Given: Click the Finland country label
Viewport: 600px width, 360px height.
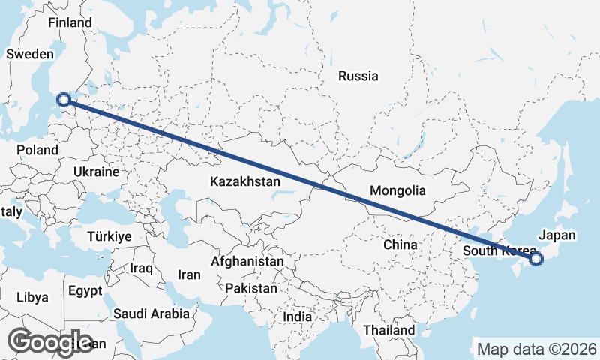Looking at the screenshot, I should tap(70, 22).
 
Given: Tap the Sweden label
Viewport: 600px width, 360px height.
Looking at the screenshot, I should tap(30, 54).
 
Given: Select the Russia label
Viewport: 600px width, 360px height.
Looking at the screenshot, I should tap(358, 76).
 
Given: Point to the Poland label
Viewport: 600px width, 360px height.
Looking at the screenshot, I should tap(37, 150).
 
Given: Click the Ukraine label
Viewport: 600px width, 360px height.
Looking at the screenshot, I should tap(96, 172).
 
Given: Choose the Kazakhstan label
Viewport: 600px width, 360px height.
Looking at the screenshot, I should tap(245, 181).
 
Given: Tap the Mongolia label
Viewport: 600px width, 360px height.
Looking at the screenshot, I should tap(397, 190).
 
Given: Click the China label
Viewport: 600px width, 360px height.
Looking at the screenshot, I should tap(400, 244).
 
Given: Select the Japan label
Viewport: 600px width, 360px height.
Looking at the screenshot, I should tap(557, 235).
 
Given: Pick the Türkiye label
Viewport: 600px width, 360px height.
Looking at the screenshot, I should tap(109, 236).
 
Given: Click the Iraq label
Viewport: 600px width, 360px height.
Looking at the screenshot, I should tap(141, 268).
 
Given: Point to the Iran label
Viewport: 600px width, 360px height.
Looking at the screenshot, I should tap(189, 274).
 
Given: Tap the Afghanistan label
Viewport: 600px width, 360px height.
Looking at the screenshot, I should tap(247, 261).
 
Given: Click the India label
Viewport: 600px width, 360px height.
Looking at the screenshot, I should tap(297, 317).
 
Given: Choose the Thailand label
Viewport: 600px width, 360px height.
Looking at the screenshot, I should tap(388, 330).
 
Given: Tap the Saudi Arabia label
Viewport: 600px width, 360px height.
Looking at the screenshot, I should tap(151, 313).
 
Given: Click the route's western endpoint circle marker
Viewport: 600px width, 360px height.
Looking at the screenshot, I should tap(64, 99).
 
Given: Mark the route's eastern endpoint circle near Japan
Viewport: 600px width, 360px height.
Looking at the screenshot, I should tap(535, 259).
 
